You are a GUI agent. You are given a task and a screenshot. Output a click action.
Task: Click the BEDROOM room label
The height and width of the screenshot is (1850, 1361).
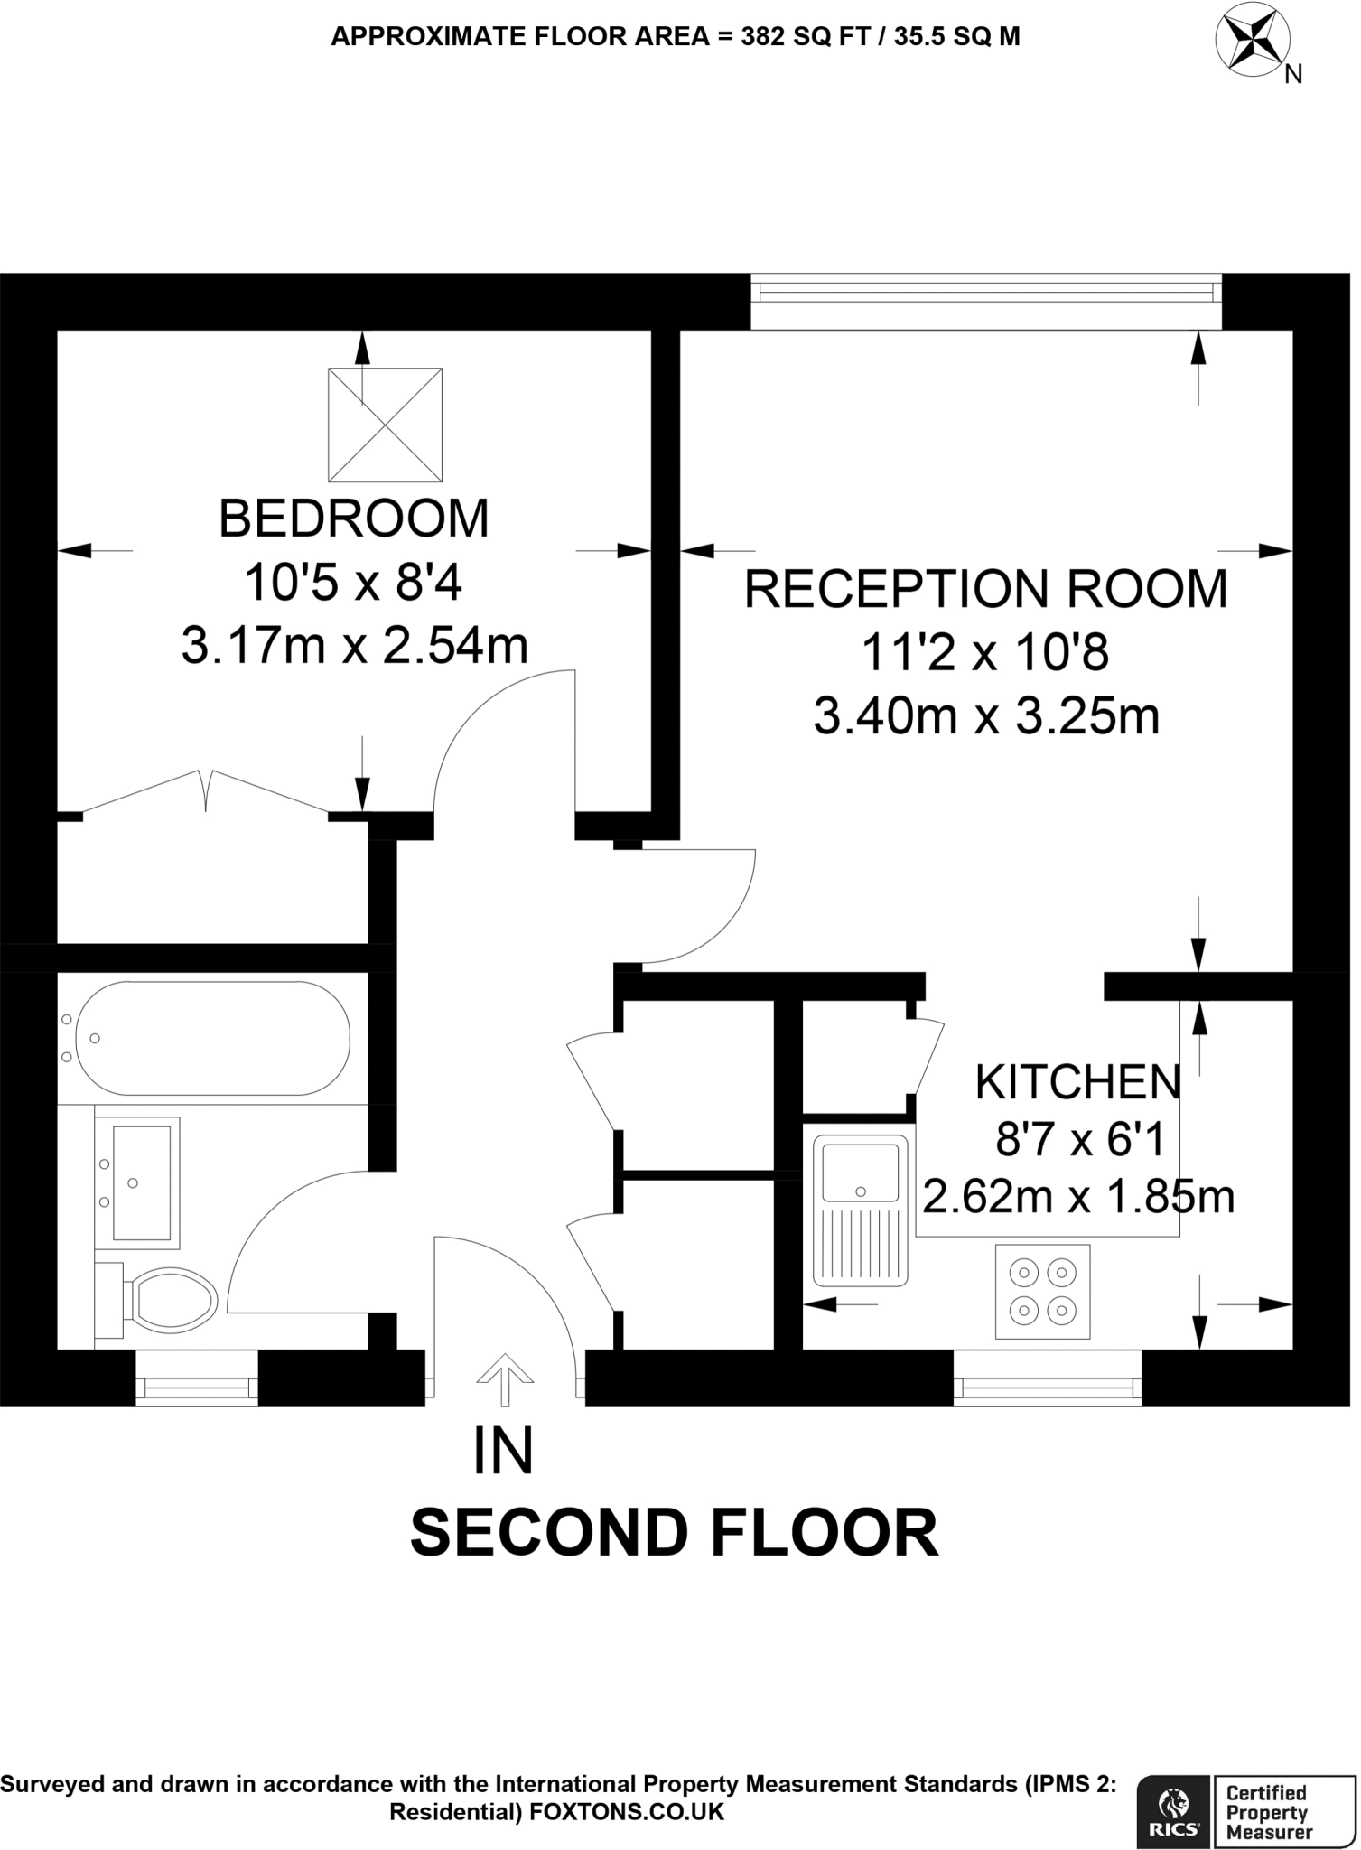[353, 519]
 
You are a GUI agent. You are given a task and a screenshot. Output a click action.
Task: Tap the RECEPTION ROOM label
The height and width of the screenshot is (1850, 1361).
[985, 589]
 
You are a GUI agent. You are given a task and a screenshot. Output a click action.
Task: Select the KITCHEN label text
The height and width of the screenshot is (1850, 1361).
[1077, 1082]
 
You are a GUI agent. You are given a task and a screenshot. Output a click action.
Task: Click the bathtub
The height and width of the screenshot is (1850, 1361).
[212, 1038]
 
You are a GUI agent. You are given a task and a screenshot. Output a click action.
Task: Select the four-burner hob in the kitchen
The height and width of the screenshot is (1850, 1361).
[1042, 1291]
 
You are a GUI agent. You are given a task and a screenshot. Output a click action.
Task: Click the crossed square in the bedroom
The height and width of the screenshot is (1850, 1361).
[385, 424]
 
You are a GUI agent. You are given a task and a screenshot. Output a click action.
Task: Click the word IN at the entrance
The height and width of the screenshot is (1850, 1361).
[503, 1451]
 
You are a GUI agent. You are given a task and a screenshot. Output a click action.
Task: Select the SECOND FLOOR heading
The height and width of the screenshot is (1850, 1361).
[674, 1533]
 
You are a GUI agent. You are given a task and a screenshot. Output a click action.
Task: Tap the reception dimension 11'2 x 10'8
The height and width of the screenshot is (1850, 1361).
[984, 652]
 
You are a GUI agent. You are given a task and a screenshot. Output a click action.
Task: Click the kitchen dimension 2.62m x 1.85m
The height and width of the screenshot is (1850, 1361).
[1077, 1198]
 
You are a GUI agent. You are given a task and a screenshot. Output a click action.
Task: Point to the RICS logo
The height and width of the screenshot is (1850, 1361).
[1173, 1809]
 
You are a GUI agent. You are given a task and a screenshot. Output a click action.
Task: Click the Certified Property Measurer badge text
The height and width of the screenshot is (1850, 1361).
[1266, 1812]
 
